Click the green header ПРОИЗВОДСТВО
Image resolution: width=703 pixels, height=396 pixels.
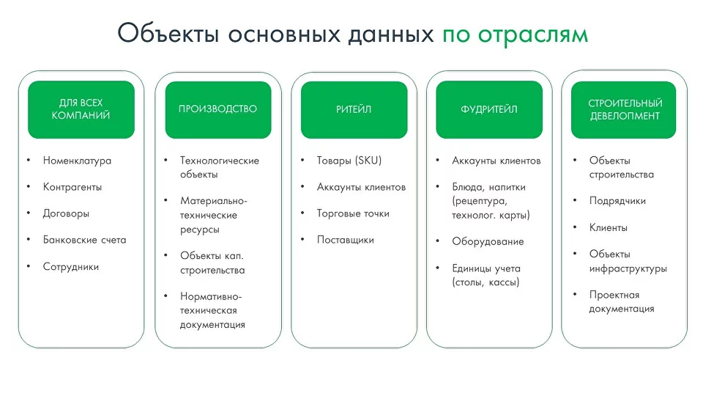pyautogui.click(x=218, y=109)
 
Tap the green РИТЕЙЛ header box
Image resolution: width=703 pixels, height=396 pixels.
pyautogui.click(x=354, y=109)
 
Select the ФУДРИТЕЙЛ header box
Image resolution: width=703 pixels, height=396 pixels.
pyautogui.click(x=489, y=109)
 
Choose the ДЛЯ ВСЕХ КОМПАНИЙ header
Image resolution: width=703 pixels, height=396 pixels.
pyautogui.click(x=81, y=109)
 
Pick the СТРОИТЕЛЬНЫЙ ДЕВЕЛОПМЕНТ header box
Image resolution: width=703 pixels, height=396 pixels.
pyautogui.click(x=624, y=109)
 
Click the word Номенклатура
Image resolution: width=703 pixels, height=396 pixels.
pyautogui.click(x=77, y=161)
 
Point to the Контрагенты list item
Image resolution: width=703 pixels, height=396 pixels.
pyautogui.click(x=72, y=187)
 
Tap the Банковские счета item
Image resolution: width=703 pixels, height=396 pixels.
pyautogui.click(x=84, y=240)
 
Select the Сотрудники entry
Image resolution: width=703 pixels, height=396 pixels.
pyautogui.click(x=71, y=267)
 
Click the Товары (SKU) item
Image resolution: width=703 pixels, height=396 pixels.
pyautogui.click(x=349, y=161)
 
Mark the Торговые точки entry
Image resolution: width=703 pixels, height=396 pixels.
pyautogui.click(x=353, y=213)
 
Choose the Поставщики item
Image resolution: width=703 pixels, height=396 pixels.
pyautogui.click(x=345, y=241)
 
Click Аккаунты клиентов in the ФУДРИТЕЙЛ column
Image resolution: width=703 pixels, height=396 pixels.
pyautogui.click(x=496, y=161)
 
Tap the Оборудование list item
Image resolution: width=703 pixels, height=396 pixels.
pyautogui.click(x=488, y=241)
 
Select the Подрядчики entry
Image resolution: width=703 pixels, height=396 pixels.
pyautogui.click(x=617, y=201)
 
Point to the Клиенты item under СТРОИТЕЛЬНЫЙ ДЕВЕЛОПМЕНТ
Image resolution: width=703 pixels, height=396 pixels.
pyautogui.click(x=608, y=227)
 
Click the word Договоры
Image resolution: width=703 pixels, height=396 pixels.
pyautogui.click(x=66, y=213)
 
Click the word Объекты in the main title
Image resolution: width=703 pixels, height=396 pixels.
pyautogui.click(x=168, y=33)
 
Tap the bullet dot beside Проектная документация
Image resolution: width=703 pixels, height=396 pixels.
pyautogui.click(x=575, y=294)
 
